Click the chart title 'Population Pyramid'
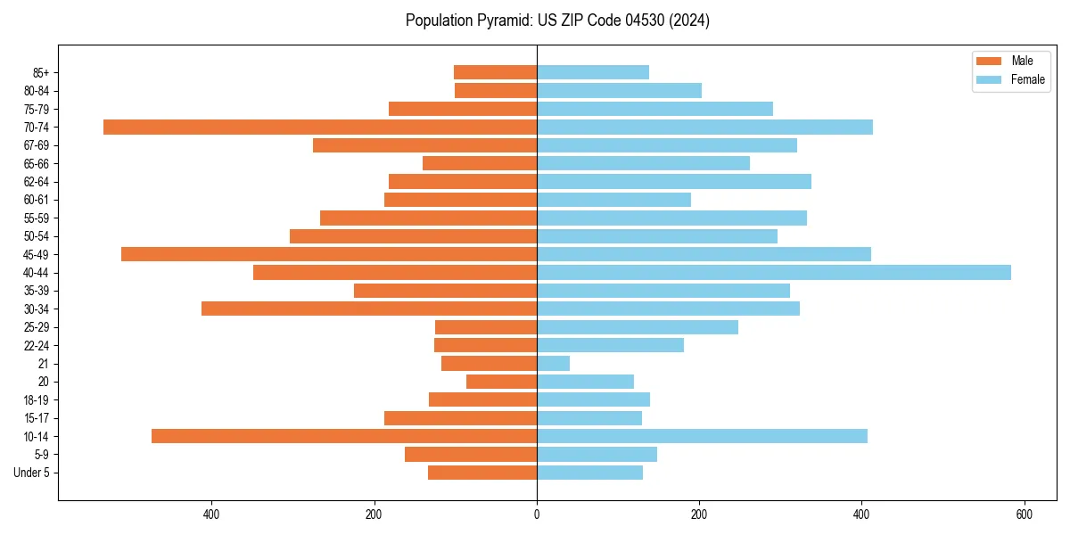[557, 21]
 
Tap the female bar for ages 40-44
[773, 272]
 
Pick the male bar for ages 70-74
[320, 127]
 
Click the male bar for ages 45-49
[329, 254]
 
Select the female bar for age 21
[553, 363]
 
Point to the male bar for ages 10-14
[344, 436]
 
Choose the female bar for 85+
[593, 72]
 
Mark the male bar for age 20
[501, 382]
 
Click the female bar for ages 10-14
[702, 436]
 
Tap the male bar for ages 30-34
[369, 309]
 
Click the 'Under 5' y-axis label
[31, 473]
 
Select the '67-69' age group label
[37, 145]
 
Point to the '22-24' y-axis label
[37, 345]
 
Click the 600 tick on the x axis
[1024, 514]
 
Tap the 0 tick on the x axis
[537, 514]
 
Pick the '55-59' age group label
[37, 218]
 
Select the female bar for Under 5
[589, 473]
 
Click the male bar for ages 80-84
[496, 90]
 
